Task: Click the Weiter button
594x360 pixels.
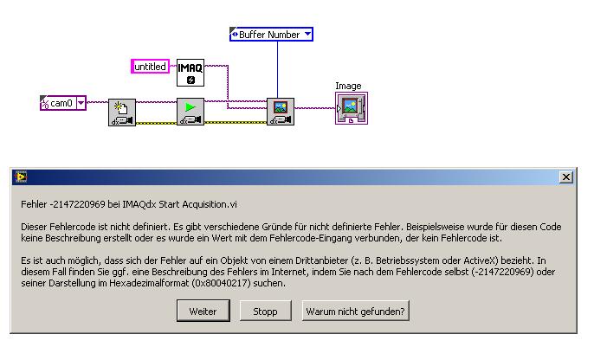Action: [x=203, y=311]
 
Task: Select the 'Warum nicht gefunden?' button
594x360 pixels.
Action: [x=355, y=311]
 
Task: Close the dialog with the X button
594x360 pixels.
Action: [x=566, y=177]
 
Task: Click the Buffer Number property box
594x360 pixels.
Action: [x=271, y=35]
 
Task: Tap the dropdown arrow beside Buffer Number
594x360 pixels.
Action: [x=307, y=34]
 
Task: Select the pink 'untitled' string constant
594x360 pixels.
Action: [x=150, y=67]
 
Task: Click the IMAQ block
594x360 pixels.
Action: [x=190, y=73]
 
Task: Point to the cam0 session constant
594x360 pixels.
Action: [x=63, y=103]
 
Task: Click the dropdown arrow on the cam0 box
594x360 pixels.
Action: [x=81, y=103]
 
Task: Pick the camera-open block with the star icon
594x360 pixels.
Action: [x=122, y=112]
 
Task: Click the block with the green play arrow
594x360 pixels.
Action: [x=190, y=112]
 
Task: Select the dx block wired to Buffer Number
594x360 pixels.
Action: [x=281, y=112]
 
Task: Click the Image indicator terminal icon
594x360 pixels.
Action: [x=352, y=108]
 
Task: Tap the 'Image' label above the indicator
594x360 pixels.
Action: [x=348, y=86]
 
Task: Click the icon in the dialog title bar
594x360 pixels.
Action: [x=21, y=177]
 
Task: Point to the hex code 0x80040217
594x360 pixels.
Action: [x=222, y=283]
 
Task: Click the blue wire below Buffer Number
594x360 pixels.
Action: [x=277, y=69]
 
